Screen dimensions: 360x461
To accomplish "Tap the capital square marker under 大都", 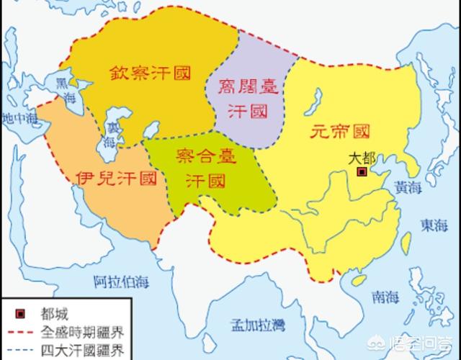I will point(362,172).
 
